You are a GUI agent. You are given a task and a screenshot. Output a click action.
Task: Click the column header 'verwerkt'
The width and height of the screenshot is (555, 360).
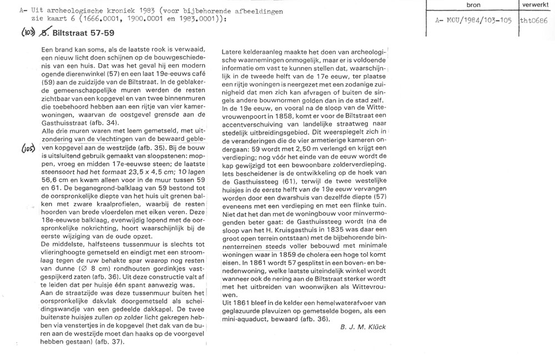click(534, 5)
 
